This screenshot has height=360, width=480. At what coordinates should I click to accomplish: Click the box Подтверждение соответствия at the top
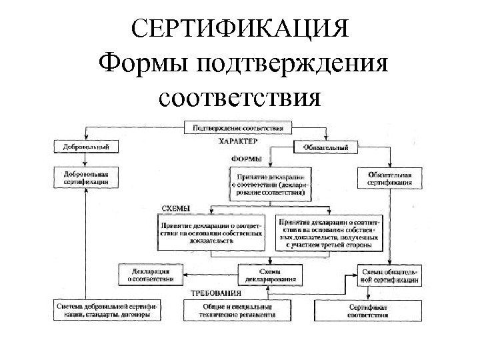pyautogui.click(x=238, y=126)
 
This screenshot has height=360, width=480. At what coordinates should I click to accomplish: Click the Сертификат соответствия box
pyautogui.click(x=362, y=310)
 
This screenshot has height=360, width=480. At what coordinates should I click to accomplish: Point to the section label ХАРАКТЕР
pyautogui.click(x=238, y=142)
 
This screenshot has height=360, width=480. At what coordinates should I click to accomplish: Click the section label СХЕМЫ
pyautogui.click(x=176, y=209)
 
